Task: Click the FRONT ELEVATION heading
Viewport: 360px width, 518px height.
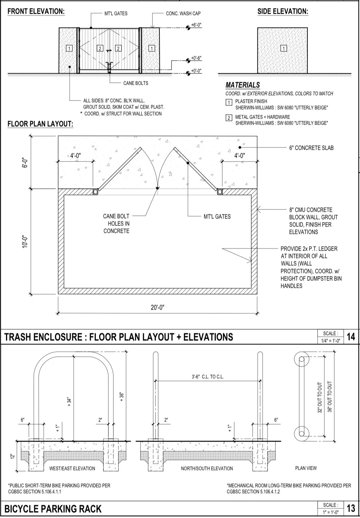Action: pos(36,11)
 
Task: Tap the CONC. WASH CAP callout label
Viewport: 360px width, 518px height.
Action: pos(183,14)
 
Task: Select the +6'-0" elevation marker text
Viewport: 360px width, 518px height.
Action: pos(196,25)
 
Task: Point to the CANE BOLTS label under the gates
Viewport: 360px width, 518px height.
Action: pos(136,83)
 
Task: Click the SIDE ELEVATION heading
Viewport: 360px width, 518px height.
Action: pos(283,11)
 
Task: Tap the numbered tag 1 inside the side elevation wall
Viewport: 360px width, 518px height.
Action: pos(284,48)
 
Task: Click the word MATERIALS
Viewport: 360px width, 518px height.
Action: pos(242,85)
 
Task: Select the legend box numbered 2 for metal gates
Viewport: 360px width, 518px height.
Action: pos(229,118)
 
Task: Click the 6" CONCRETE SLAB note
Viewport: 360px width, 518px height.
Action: pos(311,148)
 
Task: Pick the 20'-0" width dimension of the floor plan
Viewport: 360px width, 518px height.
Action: pos(157,308)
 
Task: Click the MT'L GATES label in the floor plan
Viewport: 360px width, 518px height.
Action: pos(217,217)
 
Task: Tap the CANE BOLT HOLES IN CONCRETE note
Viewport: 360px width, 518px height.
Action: pos(116,223)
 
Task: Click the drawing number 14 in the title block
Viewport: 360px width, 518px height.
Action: pos(351,337)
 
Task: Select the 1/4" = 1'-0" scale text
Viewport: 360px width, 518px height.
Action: pos(331,341)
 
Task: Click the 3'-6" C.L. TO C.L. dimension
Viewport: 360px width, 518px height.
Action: pos(208,377)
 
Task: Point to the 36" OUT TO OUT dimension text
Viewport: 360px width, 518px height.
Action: pos(330,397)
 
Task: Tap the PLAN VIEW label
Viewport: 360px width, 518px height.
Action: pos(306,468)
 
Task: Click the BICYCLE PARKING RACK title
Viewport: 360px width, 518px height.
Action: pos(53,509)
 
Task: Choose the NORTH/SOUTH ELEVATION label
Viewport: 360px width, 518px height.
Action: pos(207,468)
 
